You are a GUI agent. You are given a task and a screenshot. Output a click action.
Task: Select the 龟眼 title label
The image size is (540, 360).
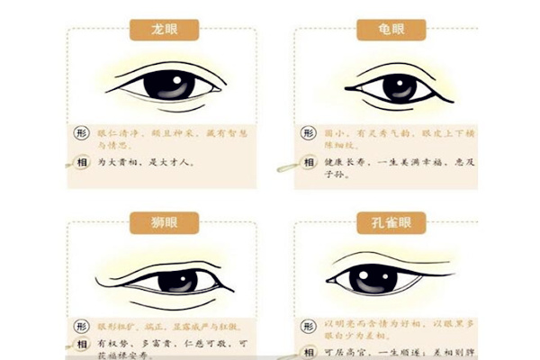pos(391,31)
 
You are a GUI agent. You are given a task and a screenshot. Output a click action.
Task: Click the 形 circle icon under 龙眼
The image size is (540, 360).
pos(80,132)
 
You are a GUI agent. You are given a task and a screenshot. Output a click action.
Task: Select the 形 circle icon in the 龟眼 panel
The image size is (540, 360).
pos(307,133)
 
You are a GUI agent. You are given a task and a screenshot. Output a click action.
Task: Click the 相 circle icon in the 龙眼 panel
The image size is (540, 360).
pos(80,163)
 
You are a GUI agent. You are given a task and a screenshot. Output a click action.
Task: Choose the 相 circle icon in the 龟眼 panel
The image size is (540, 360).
pos(307,163)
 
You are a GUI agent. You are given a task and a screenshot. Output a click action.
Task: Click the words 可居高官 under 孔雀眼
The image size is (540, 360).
pos(343,348)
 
